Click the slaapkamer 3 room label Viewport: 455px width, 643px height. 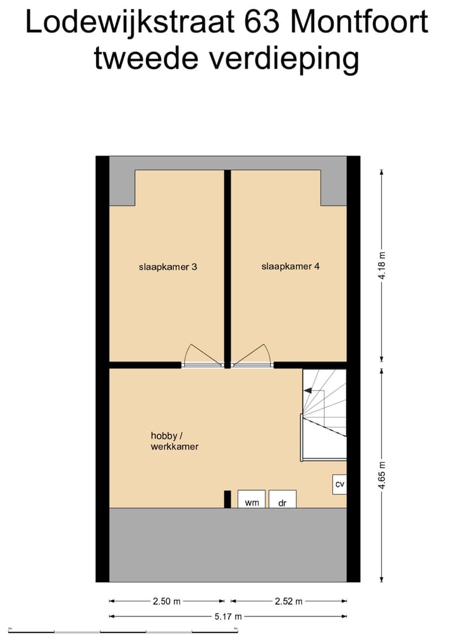coord(167,267)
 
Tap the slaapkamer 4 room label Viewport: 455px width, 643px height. coord(290,267)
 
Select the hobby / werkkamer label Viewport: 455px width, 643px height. coord(174,441)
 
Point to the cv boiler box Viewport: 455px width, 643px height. coord(339,484)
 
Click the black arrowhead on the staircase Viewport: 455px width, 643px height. coord(308,391)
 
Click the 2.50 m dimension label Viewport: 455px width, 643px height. coord(167,601)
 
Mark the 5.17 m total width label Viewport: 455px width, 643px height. coord(228,616)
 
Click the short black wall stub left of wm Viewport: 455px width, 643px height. coord(227,499)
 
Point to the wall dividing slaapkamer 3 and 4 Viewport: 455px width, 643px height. coord(227,266)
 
